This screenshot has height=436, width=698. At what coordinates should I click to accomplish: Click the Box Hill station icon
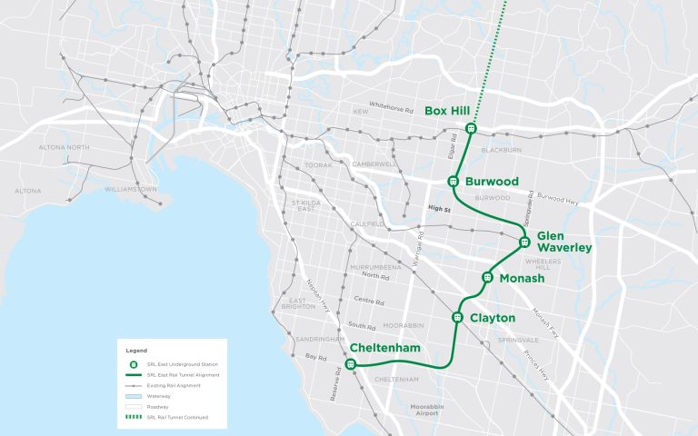pos(471,128)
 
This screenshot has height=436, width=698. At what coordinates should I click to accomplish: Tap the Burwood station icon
pos(453,181)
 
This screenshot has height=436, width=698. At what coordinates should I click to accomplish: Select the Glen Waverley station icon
pos(524,242)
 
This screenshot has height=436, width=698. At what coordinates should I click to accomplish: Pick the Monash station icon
pos(487,277)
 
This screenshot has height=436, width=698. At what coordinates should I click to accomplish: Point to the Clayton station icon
pos(457,317)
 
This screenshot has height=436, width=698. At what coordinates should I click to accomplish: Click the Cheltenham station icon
pos(351,364)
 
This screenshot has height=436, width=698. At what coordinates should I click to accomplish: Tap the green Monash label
pos(522,278)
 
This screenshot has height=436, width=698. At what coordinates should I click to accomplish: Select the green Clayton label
pos(493,318)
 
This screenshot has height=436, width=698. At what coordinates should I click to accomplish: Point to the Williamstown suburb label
pos(132,190)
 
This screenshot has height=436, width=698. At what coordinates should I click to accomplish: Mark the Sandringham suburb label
pos(312,339)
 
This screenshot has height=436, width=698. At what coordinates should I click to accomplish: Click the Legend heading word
pos(135,351)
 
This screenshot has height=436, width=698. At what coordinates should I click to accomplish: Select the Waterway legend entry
pos(160,397)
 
